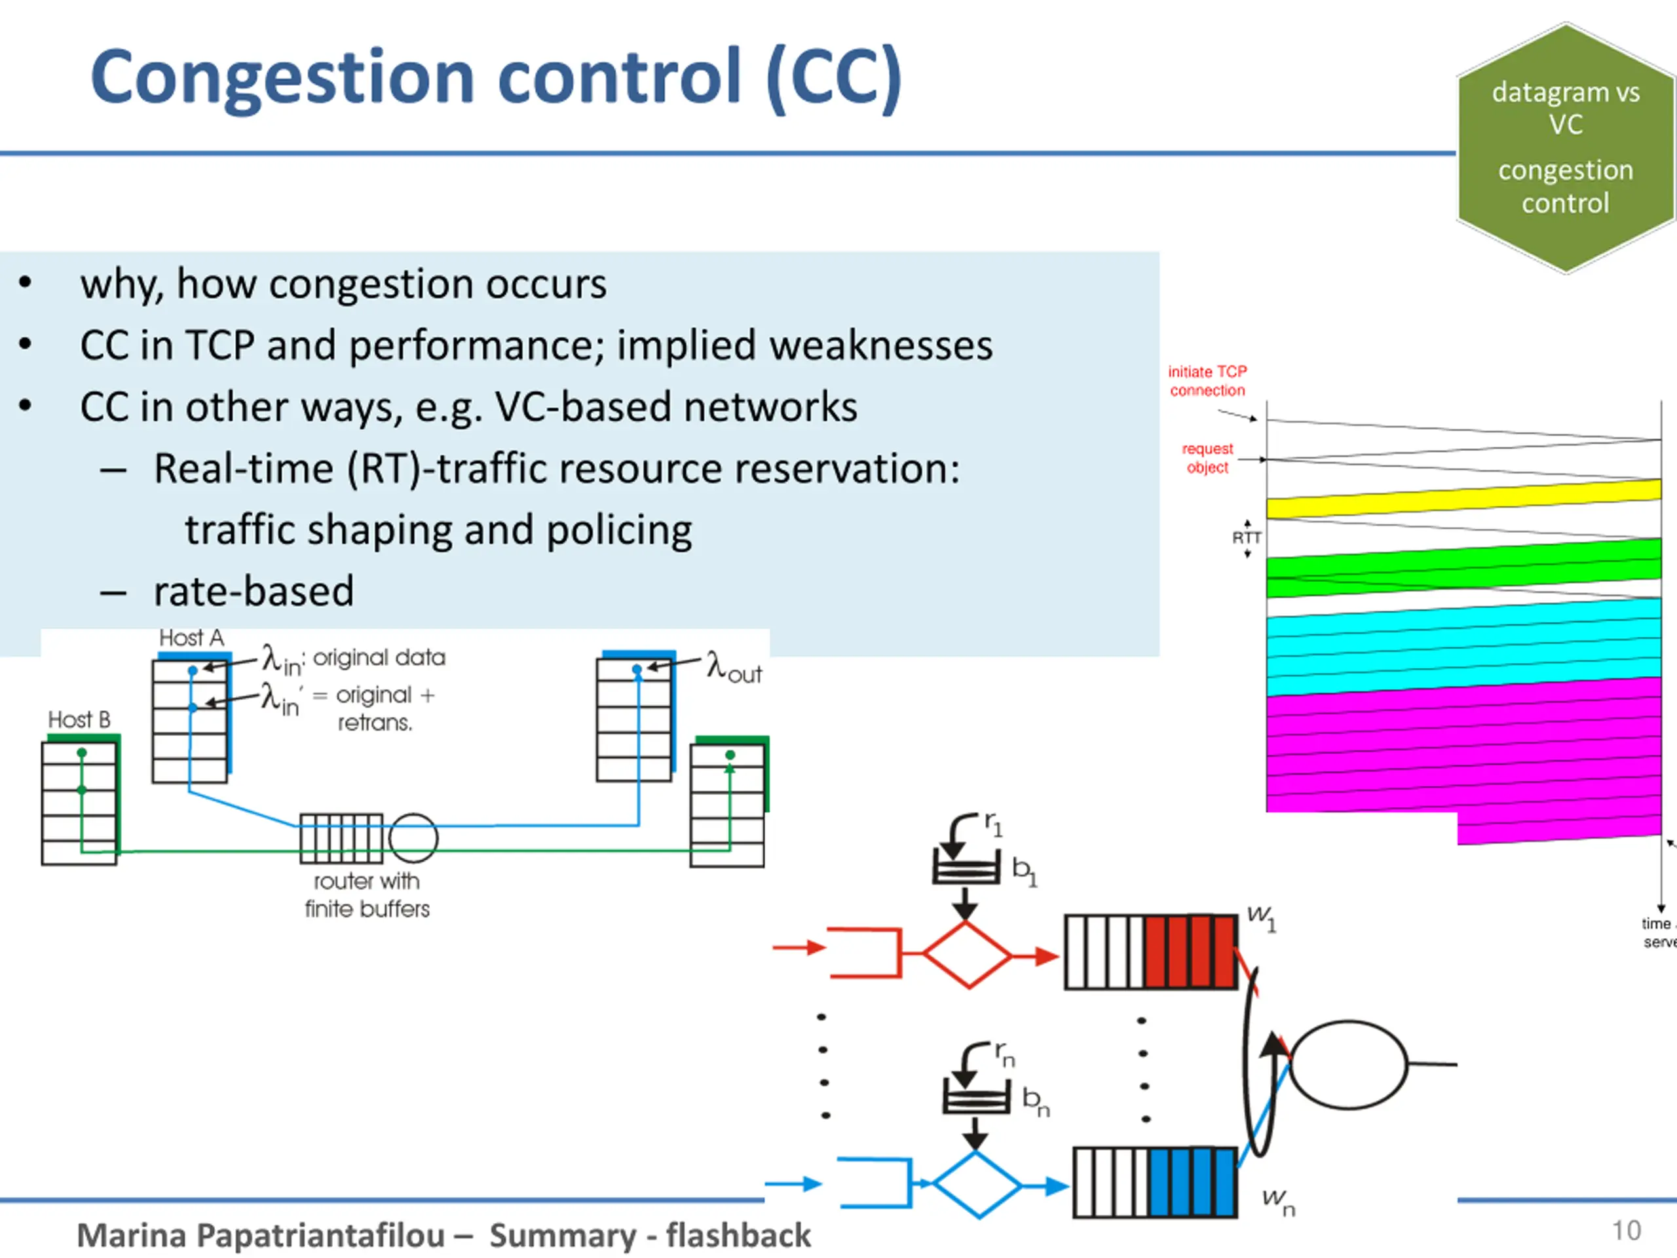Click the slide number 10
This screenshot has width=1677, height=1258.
[x=1625, y=1230]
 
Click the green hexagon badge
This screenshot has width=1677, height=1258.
[x=1565, y=148]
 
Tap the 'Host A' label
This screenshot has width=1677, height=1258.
[x=191, y=638]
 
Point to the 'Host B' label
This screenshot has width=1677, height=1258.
[x=79, y=719]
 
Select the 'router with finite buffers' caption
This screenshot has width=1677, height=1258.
[x=367, y=895]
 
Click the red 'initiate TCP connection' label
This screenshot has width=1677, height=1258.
[x=1207, y=381]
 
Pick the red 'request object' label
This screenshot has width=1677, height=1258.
[x=1207, y=458]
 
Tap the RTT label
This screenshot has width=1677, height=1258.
[x=1247, y=538]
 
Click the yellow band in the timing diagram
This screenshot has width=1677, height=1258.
[x=1463, y=499]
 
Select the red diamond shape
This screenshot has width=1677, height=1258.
[x=968, y=955]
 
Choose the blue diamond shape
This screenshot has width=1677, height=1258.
[x=977, y=1185]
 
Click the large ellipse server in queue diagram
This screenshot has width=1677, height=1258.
[x=1349, y=1065]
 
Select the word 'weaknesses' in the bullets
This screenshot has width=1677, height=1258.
[x=879, y=346]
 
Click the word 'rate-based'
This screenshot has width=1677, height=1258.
[x=254, y=592]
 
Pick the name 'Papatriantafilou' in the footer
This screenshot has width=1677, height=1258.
[x=321, y=1235]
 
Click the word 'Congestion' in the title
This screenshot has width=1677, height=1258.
[x=282, y=77]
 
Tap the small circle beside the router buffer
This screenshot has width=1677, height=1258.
[x=413, y=838]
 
